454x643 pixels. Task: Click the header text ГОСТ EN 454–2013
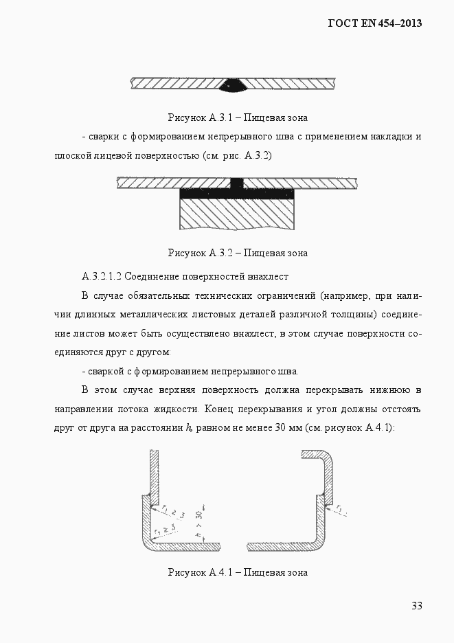374,23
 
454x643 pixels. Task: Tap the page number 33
416,605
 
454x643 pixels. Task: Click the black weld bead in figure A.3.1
234,86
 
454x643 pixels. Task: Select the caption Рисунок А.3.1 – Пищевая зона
238,117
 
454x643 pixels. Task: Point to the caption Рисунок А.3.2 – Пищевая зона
238,253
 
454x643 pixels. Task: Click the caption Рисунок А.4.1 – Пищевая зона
238,572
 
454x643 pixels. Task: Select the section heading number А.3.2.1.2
101,276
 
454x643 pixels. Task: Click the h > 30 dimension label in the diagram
198,523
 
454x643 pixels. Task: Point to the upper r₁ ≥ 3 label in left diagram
174,512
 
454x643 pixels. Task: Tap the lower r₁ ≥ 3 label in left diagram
163,528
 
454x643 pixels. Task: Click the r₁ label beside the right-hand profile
341,509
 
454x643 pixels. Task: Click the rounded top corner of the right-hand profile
328,458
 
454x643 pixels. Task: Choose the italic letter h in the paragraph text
188,427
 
